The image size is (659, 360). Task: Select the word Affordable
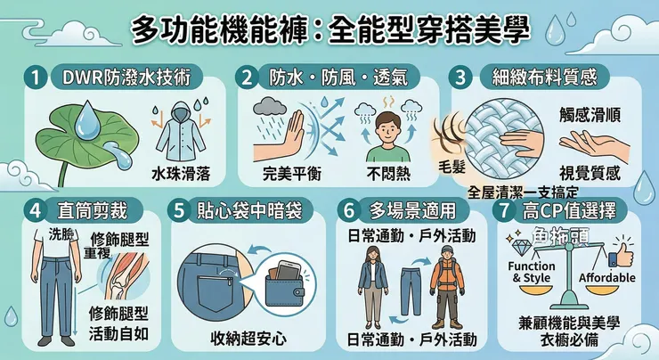point(607,278)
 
